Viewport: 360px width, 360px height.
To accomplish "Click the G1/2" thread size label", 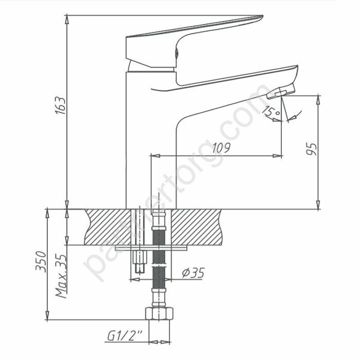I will [x=125, y=336].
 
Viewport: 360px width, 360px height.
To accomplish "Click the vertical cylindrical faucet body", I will [x=139, y=144].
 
